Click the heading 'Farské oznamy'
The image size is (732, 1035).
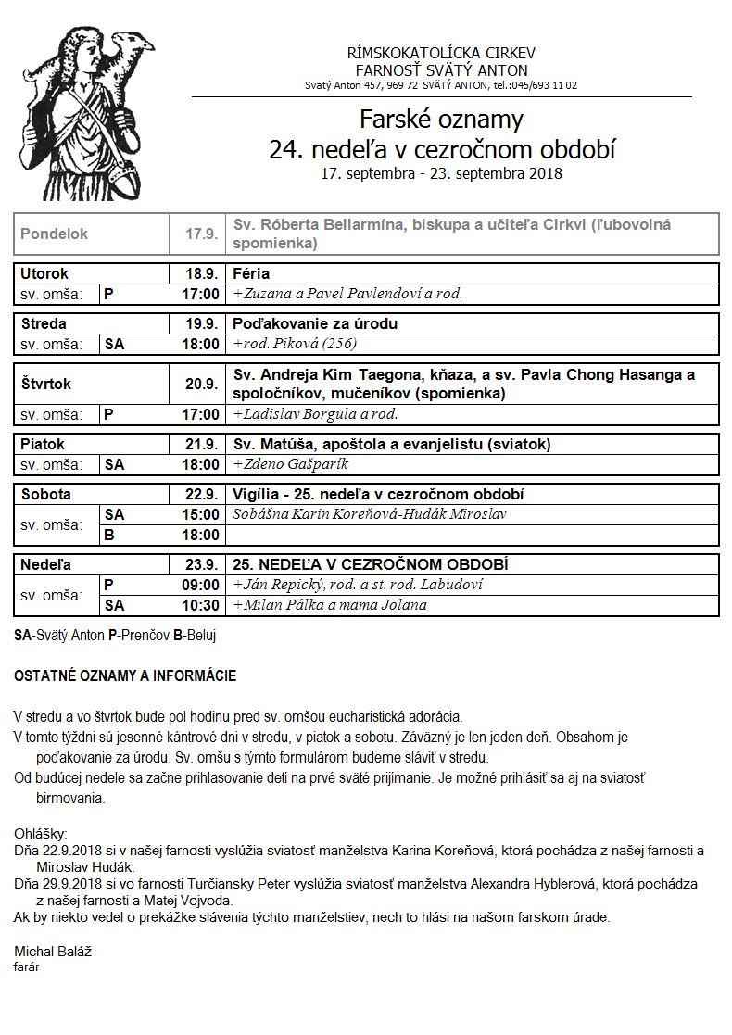(441, 120)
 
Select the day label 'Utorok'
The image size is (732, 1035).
(44, 274)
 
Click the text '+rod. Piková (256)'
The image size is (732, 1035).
(295, 344)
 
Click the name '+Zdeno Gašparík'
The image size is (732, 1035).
(291, 464)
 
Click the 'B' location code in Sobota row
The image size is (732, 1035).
(108, 535)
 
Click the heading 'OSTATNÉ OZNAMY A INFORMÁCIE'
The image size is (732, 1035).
(125, 676)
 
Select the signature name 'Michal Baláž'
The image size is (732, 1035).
(53, 952)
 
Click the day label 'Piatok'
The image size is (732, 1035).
(43, 445)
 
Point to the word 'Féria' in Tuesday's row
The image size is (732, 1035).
(251, 274)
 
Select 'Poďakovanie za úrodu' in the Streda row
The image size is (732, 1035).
(315, 324)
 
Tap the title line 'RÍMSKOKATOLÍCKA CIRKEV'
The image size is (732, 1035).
(441, 54)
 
